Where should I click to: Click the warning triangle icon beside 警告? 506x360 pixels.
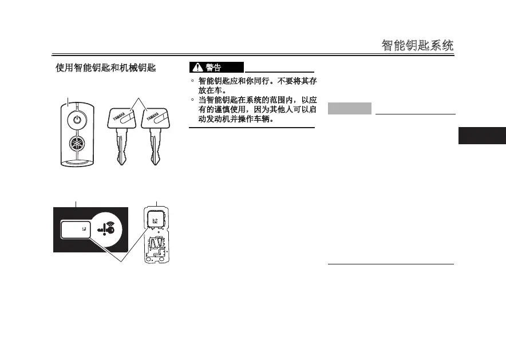(196, 68)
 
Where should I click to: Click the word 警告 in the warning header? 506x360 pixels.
(214, 68)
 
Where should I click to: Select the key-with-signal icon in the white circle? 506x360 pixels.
(109, 228)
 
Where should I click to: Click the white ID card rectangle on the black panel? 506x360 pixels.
(75, 230)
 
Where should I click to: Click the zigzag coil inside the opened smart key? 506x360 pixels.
(156, 245)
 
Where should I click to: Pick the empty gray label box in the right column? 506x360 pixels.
(350, 108)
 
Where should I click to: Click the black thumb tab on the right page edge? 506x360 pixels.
(482, 136)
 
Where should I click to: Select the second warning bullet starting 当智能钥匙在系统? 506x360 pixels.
(256, 100)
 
